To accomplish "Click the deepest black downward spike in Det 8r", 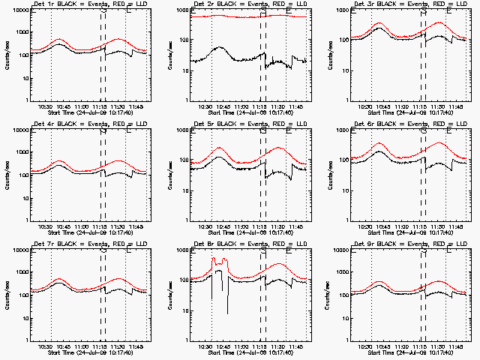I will [227, 313].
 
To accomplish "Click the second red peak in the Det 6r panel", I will [438, 142].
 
